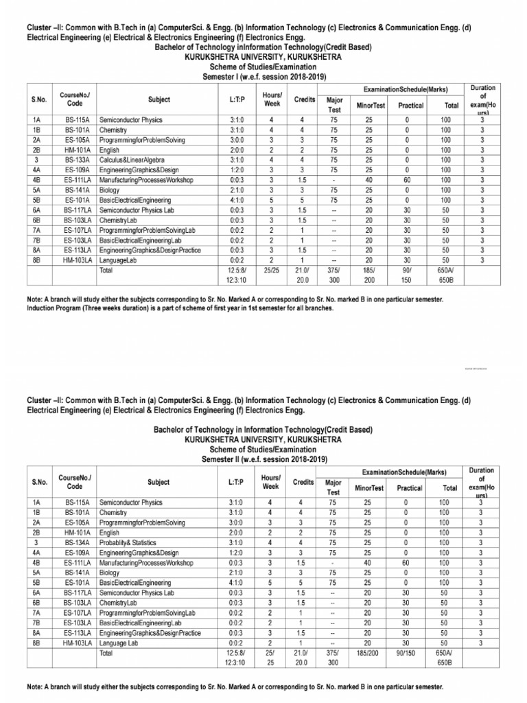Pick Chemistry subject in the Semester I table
(113, 130)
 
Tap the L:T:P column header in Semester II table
(229, 482)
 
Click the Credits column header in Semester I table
(305, 100)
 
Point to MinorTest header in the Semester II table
(369, 487)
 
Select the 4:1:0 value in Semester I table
(229, 200)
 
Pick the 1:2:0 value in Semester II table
(229, 552)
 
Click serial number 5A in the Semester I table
(36, 190)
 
